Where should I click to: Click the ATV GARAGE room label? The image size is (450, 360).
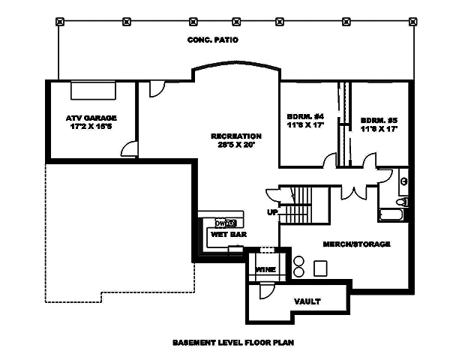(x=91, y=118)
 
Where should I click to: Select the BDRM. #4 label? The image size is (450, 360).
(x=304, y=117)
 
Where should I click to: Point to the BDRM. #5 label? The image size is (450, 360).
(x=379, y=119)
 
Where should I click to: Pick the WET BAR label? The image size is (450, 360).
(x=224, y=235)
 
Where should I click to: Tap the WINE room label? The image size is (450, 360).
(x=265, y=270)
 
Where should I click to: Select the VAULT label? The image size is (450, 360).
(x=307, y=301)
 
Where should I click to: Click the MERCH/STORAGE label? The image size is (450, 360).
(x=356, y=244)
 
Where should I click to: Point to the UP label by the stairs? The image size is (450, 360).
(x=272, y=212)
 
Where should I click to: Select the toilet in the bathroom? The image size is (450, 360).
(x=402, y=201)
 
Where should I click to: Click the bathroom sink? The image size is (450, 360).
(x=404, y=180)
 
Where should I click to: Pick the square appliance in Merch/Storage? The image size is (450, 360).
(x=321, y=268)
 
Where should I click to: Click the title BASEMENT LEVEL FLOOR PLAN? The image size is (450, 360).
(x=232, y=343)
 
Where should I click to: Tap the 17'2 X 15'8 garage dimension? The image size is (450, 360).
(x=91, y=127)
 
